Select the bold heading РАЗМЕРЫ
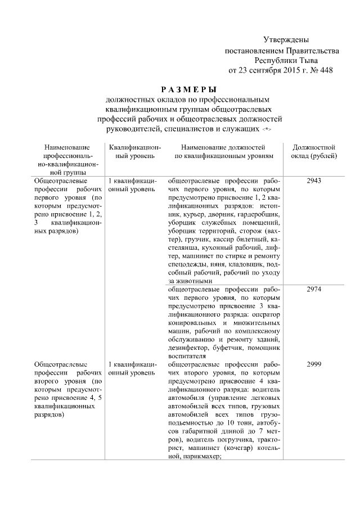(x=188, y=89)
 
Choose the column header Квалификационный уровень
(x=131, y=150)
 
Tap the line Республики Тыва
(x=286, y=60)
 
